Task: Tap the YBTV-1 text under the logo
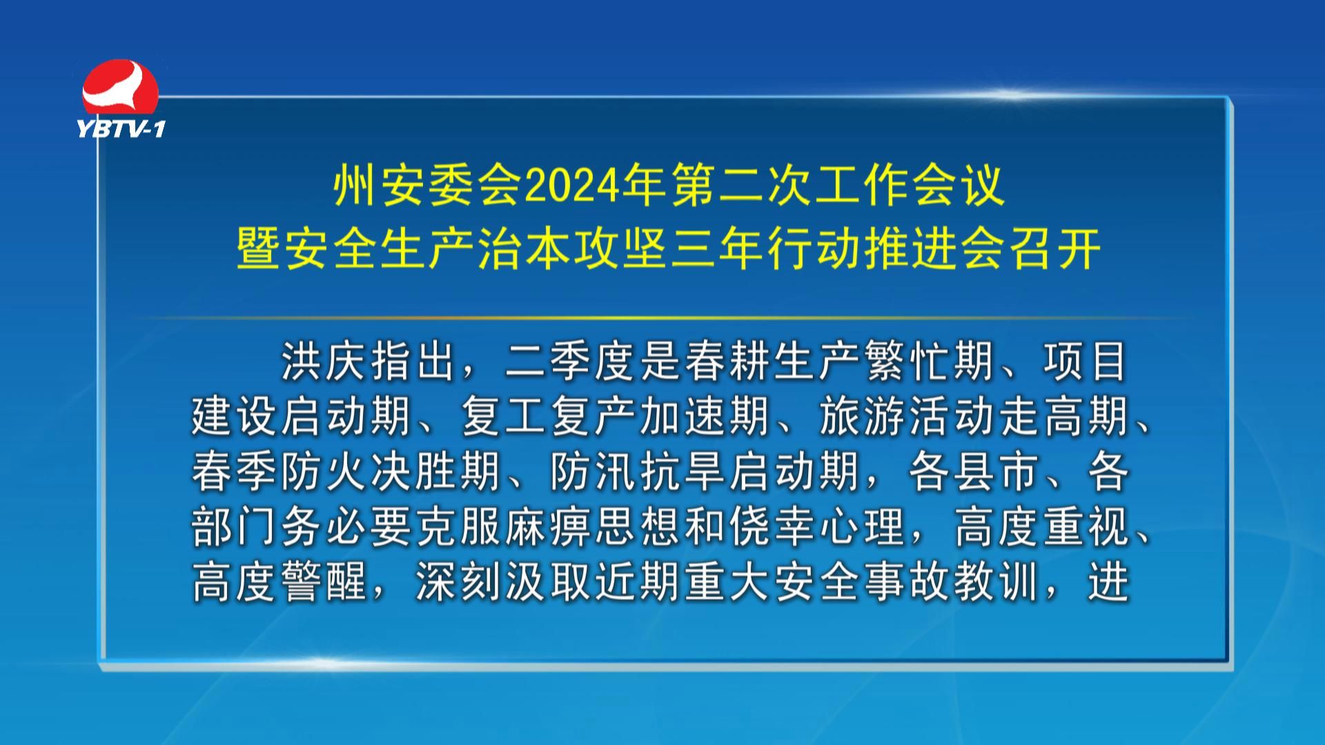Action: click(121, 128)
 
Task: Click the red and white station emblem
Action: click(120, 88)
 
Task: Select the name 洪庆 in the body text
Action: click(323, 361)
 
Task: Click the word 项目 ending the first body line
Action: click(1086, 361)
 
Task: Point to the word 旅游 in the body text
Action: click(862, 417)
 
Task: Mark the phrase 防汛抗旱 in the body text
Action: click(638, 472)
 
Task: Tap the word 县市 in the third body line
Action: click(997, 472)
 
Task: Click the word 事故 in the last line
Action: click(907, 582)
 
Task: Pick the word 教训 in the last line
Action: click(997, 582)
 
